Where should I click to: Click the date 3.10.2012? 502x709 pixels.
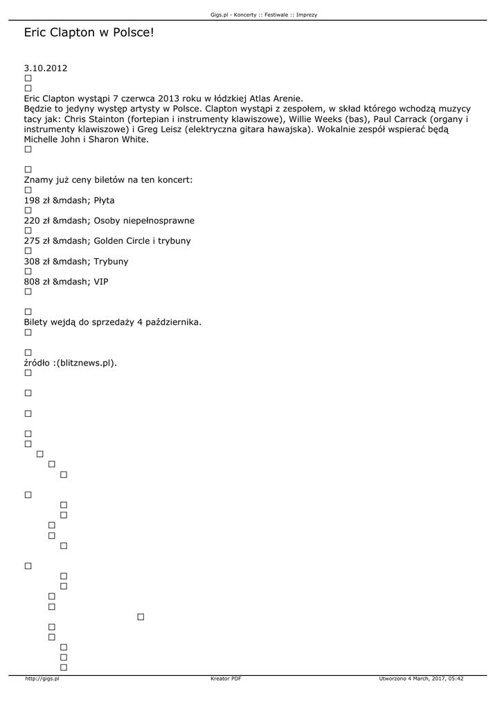click(x=45, y=69)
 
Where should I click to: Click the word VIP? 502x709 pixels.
click(x=100, y=282)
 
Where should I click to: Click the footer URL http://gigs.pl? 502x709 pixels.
click(x=42, y=679)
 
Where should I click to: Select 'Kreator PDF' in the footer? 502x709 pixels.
click(x=226, y=679)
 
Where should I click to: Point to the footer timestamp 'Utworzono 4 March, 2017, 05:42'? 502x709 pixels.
click(x=421, y=679)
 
